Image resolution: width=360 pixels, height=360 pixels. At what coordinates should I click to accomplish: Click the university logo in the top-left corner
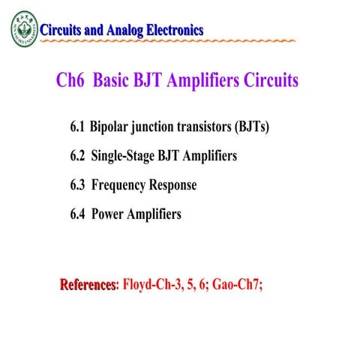pos(22,29)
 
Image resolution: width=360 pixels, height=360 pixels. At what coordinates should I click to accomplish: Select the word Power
pos(107,214)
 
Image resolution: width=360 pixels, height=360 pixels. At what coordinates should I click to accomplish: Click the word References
pos(88,285)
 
